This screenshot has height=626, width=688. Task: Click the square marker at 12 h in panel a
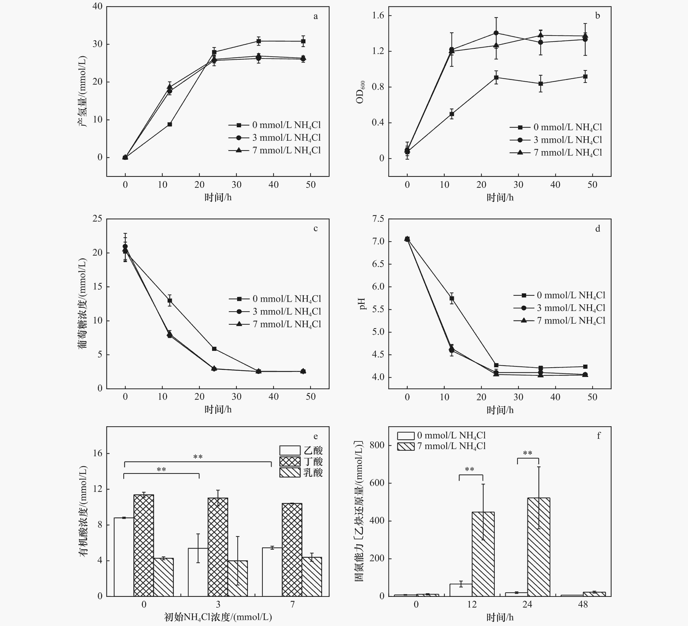(x=170, y=124)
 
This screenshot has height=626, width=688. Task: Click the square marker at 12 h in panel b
(x=452, y=114)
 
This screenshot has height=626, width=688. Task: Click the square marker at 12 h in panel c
(x=170, y=301)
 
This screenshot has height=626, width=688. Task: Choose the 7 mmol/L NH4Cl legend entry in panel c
(x=275, y=324)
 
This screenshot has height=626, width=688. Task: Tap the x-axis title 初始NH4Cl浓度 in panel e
(x=218, y=617)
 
